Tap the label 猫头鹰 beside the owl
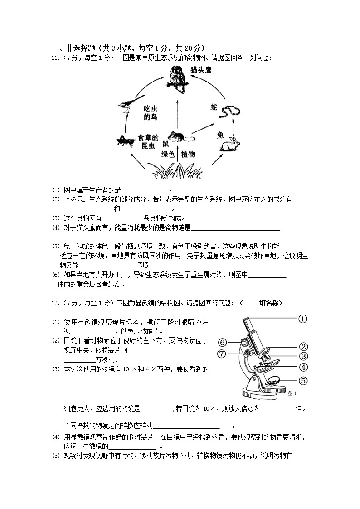(201, 71)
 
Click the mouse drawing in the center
(178, 136)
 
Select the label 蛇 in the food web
(214, 107)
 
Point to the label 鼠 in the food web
(165, 145)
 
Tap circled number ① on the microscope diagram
(303, 319)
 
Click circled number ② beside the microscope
(303, 347)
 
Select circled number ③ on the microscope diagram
(303, 357)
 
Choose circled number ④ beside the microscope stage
(303, 368)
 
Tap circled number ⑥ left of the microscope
(222, 342)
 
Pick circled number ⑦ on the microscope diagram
(222, 354)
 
